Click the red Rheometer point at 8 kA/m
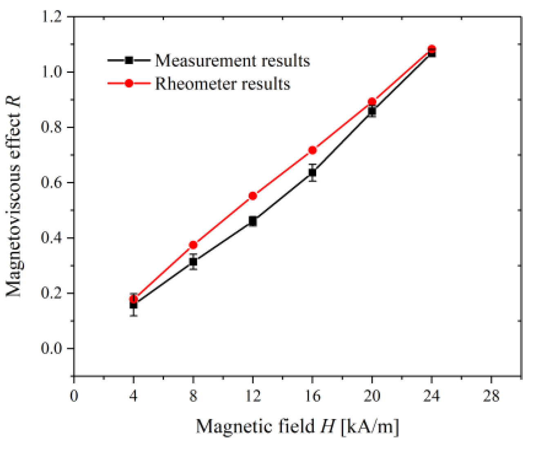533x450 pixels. (x=193, y=245)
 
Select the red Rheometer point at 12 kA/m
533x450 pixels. (x=253, y=196)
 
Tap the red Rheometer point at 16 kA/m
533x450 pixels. (x=312, y=150)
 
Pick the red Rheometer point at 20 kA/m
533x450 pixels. (x=372, y=102)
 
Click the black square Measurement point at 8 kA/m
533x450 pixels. (x=193, y=262)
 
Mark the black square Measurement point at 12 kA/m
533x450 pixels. (x=253, y=221)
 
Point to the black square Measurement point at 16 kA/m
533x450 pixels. (x=312, y=173)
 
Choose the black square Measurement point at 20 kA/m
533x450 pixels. (x=372, y=111)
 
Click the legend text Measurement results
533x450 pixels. (x=232, y=60)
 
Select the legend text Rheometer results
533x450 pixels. (x=223, y=84)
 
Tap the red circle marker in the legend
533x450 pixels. (x=129, y=83)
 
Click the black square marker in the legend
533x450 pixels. (x=129, y=60)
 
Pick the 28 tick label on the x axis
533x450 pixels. (x=491, y=397)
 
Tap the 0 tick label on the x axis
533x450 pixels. (x=74, y=397)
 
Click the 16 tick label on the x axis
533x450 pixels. (x=312, y=397)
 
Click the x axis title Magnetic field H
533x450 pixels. (x=297, y=426)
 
